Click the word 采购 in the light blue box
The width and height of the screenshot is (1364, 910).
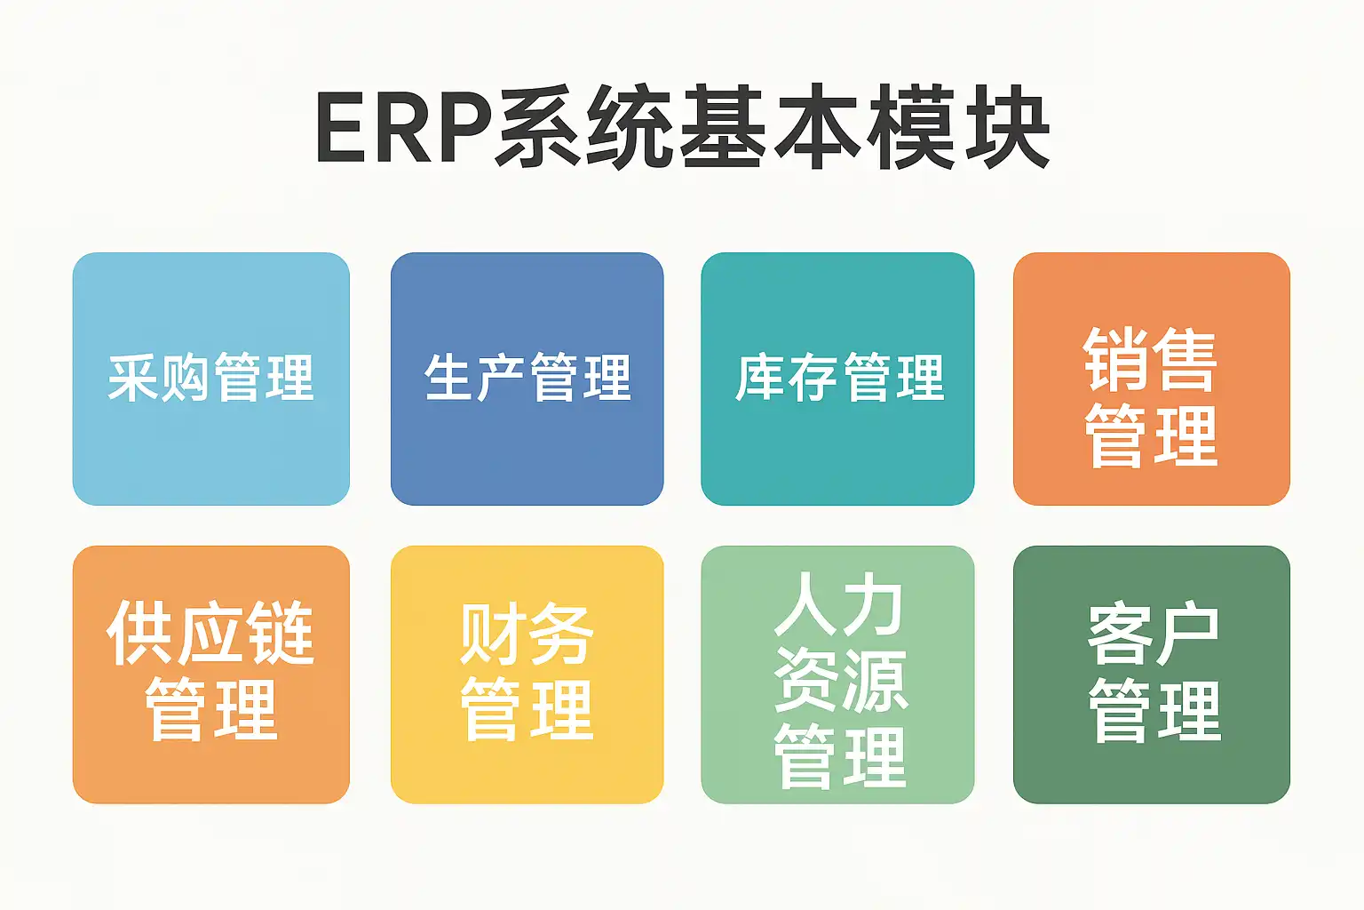point(159,378)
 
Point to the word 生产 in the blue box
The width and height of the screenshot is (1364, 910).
point(476,378)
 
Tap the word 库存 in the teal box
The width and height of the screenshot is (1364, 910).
point(787,378)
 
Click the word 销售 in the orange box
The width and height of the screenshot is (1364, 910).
point(1151,360)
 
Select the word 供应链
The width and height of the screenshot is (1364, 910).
point(210,634)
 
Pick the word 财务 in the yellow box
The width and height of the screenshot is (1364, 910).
point(527,635)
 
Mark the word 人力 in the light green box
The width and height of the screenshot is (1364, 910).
point(838,605)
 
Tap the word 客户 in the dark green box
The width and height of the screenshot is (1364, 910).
point(1153,635)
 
